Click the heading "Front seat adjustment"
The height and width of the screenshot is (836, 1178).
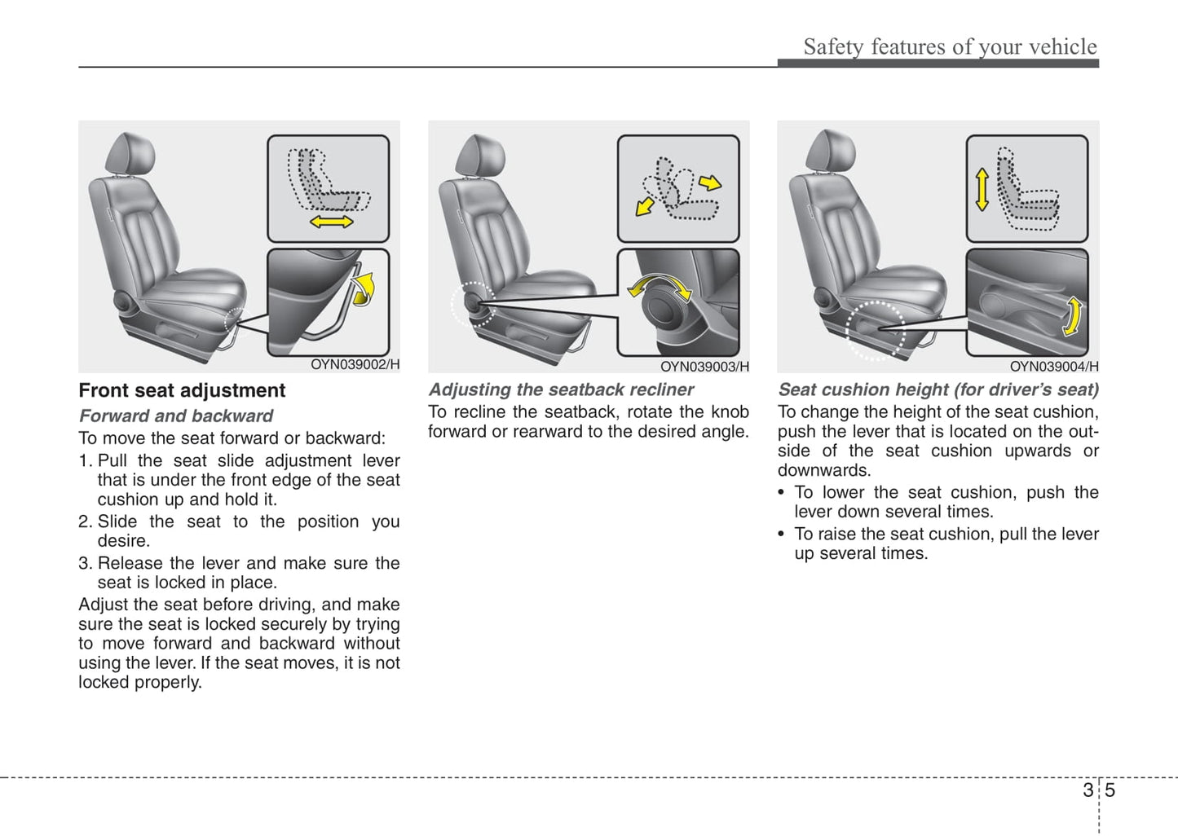pos(182,390)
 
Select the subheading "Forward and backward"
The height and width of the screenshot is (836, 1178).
pos(175,416)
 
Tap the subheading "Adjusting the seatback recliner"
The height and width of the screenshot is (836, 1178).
pos(561,389)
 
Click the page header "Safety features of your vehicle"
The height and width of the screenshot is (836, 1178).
pos(950,46)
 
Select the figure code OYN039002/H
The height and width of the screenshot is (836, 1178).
pos(355,365)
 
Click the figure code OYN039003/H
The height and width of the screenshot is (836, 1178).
pos(704,367)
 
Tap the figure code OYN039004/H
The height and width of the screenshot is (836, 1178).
pos(1054,367)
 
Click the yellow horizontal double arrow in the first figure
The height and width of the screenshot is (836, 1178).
pos(331,222)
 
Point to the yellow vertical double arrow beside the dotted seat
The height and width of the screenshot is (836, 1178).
pos(982,189)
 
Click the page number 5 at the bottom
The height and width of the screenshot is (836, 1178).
pos(1110,790)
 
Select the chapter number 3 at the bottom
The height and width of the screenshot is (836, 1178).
pos(1088,790)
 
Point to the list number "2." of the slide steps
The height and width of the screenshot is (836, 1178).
pos(86,521)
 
